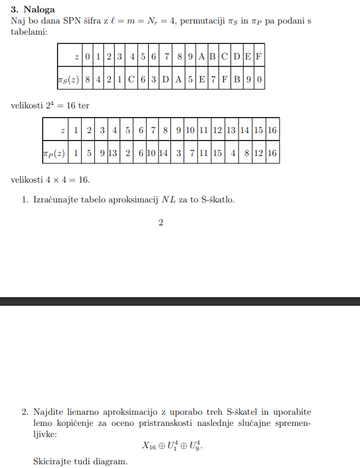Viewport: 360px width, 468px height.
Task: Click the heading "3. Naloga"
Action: pyautogui.click(x=33, y=10)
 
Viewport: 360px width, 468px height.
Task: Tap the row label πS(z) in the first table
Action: pyautogui.click(x=68, y=79)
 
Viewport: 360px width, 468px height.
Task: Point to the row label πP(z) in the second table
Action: pyautogui.click(x=54, y=153)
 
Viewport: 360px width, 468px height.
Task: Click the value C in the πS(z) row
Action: pyautogui.click(x=131, y=79)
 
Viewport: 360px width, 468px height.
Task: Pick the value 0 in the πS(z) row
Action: pyautogui.click(x=259, y=79)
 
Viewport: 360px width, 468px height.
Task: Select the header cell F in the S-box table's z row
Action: pyautogui.click(x=259, y=56)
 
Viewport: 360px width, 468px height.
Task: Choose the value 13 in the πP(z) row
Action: pyautogui.click(x=113, y=153)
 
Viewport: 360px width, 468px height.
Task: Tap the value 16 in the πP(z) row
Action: pyautogui.click(x=271, y=153)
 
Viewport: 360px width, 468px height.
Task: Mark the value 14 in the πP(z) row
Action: pyautogui.click(x=164, y=153)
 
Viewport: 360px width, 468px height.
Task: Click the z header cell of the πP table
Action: pyautogui.click(x=62, y=131)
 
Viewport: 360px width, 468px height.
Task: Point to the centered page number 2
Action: pyautogui.click(x=160, y=223)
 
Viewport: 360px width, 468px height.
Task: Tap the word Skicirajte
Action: pyautogui.click(x=55, y=462)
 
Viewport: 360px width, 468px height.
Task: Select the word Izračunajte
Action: pyautogui.click(x=57, y=201)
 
